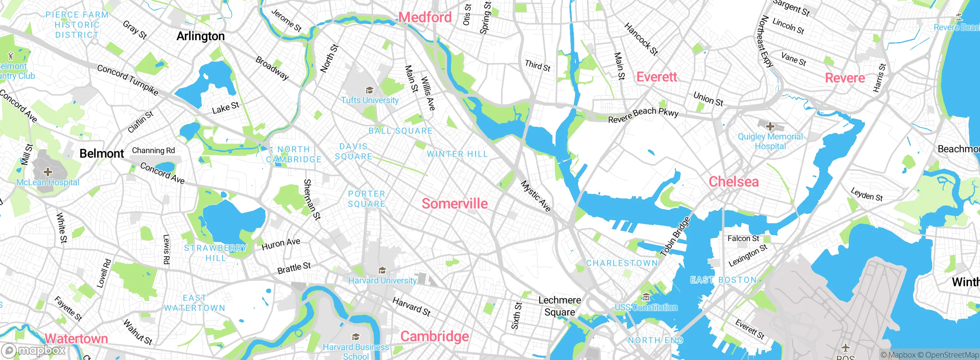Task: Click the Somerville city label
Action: coord(455,204)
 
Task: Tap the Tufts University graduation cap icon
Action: coord(369,90)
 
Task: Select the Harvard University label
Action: coord(382,280)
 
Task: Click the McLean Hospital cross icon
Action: coord(47,172)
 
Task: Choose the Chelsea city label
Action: coord(733,182)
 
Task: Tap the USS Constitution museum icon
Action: coord(646,297)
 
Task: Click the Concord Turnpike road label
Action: coord(127,80)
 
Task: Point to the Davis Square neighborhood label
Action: coord(353,152)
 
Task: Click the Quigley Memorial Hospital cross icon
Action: coord(770,126)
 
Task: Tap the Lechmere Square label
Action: coord(560,306)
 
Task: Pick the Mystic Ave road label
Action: coord(536,196)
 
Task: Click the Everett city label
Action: coord(657,77)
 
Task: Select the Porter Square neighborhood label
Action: coord(366,199)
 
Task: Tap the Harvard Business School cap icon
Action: coord(356,337)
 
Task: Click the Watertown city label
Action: coord(76,339)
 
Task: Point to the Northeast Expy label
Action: coord(765,41)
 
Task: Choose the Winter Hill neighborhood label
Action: coord(457,154)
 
